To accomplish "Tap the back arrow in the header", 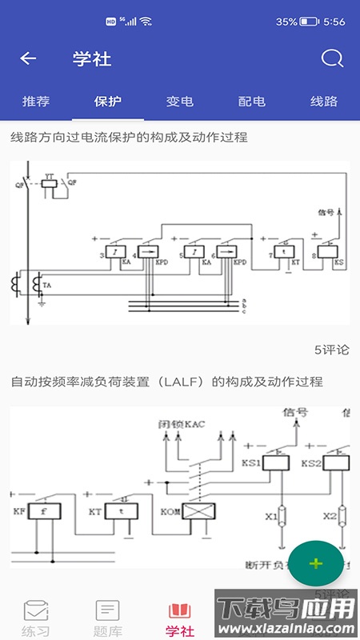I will point(28,58).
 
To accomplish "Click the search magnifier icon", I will point(331,58).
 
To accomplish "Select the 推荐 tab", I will point(36,102).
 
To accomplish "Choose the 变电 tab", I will point(180,102).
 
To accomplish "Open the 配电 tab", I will point(252,102).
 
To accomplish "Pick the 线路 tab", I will point(324,102).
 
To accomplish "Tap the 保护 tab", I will point(108,102).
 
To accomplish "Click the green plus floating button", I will point(316,563).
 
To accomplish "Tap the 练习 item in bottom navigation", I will point(36,618).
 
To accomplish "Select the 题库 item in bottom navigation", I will point(108,618).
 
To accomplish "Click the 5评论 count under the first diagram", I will point(332,350).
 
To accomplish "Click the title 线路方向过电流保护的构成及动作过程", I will point(129,138).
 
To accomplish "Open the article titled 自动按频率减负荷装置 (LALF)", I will point(166,382).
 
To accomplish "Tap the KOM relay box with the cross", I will point(194,510).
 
